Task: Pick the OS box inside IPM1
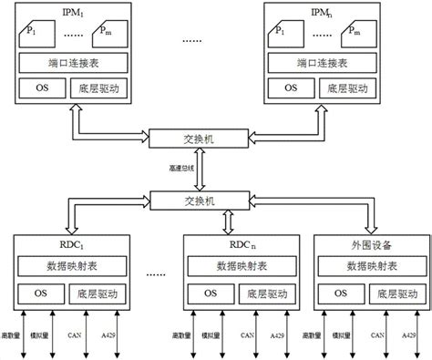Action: [42, 89]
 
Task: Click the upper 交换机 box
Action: [199, 139]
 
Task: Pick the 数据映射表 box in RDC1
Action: [71, 267]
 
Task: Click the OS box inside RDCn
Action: [211, 293]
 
